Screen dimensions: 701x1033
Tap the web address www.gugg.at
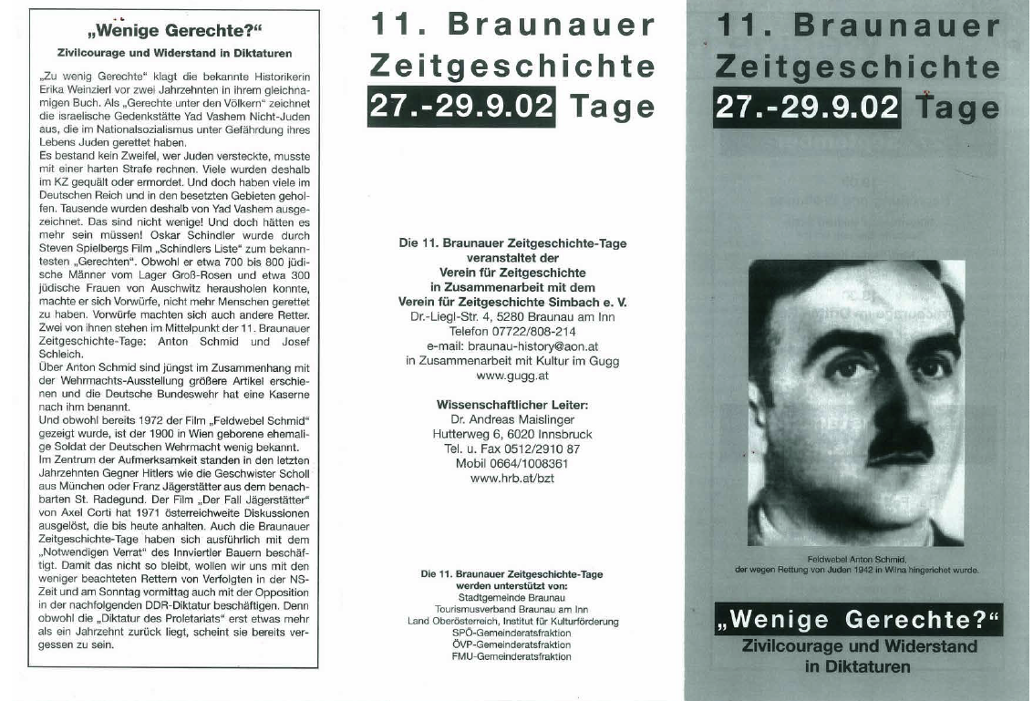click(511, 375)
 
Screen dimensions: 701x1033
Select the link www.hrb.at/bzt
click(511, 479)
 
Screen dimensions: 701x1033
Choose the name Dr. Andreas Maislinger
click(511, 419)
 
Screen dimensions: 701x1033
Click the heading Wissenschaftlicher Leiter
click(511, 405)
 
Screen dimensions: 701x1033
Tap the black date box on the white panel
click(460, 107)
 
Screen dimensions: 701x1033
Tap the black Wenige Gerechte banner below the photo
click(857, 622)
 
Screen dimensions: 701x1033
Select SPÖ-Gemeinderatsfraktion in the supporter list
click(511, 634)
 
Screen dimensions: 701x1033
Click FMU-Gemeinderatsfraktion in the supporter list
click(511, 656)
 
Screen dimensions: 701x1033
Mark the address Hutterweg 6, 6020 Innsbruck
click(511, 435)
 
